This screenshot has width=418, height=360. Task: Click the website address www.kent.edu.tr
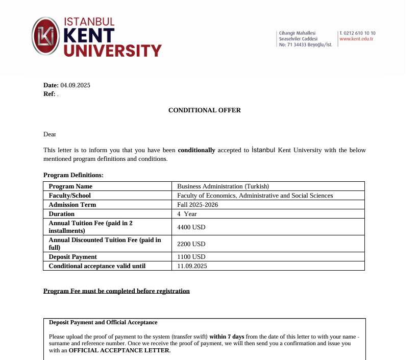point(356,39)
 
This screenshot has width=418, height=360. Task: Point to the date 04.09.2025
point(75,85)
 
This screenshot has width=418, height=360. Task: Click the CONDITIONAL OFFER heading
point(204,110)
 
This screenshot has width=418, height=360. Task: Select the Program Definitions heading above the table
point(73,175)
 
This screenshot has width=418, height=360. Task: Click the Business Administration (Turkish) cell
point(223,186)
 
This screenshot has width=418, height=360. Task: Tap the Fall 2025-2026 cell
point(196,205)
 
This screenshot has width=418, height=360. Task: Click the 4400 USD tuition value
point(191,227)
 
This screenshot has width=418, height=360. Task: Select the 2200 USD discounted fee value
point(191,244)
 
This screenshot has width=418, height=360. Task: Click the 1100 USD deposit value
point(191,257)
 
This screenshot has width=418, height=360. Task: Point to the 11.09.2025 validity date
point(192,266)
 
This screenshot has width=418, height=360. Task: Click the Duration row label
point(61,214)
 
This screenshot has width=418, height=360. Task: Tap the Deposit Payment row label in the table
point(72,257)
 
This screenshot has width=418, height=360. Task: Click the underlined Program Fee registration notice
point(116,291)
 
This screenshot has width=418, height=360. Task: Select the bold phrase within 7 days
point(227,337)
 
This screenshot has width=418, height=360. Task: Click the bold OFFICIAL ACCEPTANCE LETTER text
point(119,351)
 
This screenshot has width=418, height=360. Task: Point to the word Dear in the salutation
point(50,134)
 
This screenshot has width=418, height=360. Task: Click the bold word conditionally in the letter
point(196,150)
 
